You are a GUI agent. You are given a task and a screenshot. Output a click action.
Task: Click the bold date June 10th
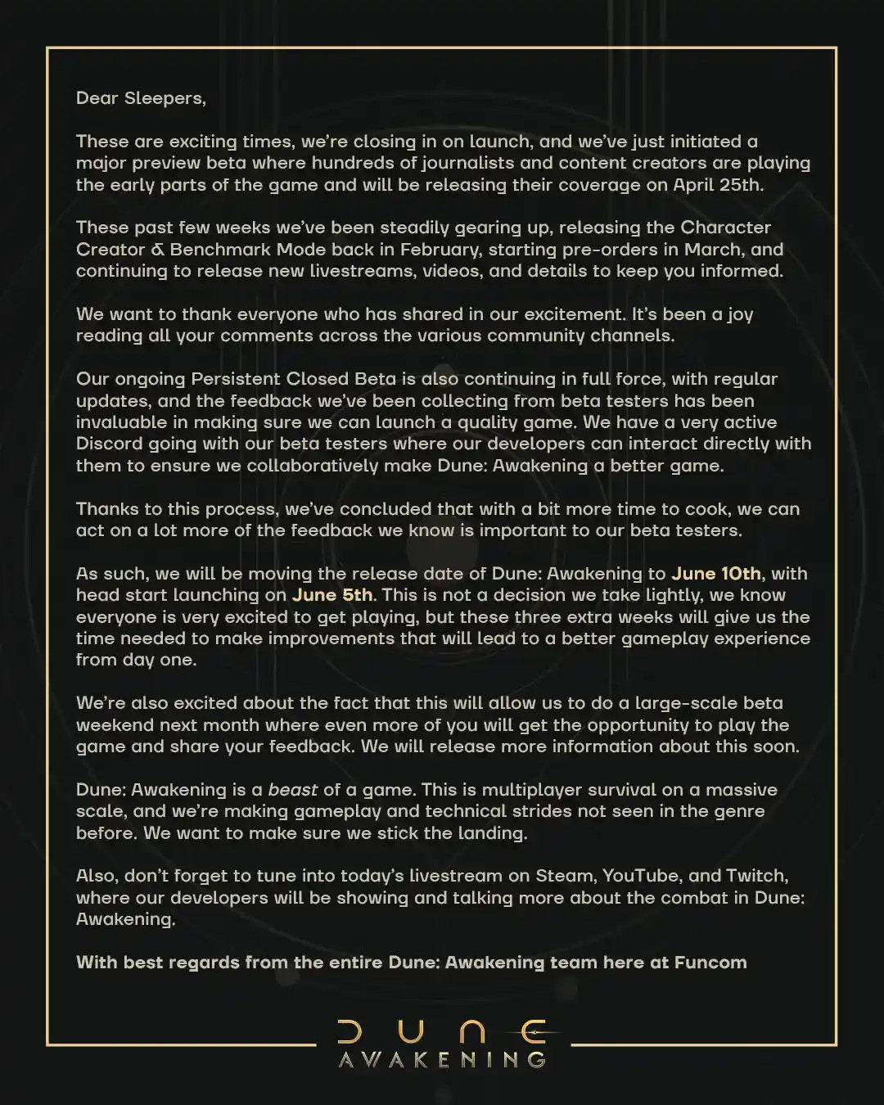click(716, 574)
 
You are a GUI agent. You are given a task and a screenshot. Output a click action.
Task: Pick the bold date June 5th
click(332, 595)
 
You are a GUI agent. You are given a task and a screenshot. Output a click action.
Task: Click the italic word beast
click(293, 790)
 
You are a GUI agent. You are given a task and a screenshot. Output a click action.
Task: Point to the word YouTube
click(640, 876)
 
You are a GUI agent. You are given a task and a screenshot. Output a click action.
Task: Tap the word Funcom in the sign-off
click(710, 963)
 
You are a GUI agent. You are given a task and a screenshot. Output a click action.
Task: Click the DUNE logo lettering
click(442, 1031)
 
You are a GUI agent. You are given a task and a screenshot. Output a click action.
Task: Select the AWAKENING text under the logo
click(442, 1060)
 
